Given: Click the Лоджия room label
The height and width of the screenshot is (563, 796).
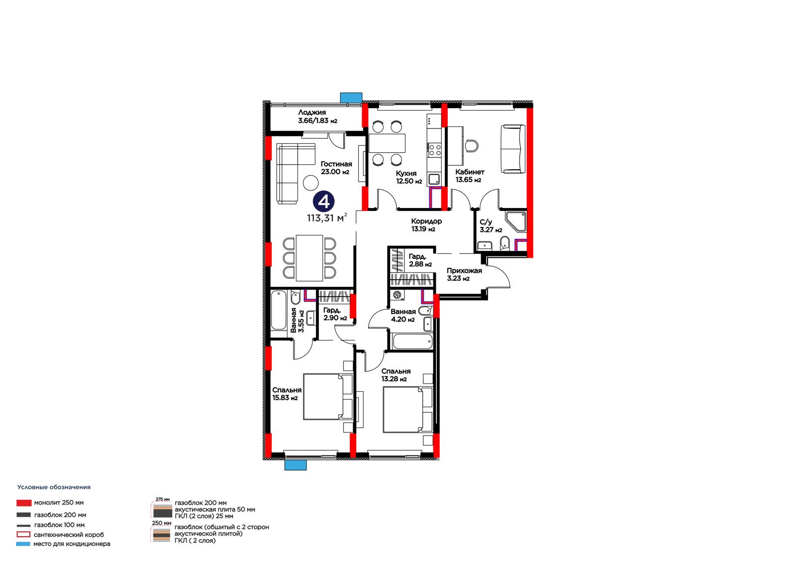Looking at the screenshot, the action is [x=312, y=113].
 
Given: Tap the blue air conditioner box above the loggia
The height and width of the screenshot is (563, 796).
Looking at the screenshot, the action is [x=351, y=98].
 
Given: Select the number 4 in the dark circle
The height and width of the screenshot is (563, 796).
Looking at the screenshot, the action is [x=324, y=202].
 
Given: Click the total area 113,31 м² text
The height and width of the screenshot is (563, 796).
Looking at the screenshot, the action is [x=327, y=218].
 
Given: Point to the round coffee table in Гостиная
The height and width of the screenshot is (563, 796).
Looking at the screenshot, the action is [x=310, y=183].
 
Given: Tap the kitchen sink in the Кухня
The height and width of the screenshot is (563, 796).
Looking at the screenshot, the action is [x=434, y=179].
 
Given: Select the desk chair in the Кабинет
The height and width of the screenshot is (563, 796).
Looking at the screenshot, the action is [x=471, y=145].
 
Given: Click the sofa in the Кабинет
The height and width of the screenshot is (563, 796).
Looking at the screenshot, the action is [x=513, y=149].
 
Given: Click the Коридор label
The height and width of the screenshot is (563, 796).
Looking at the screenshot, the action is [x=426, y=221].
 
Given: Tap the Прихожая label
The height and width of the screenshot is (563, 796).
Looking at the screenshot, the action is [x=465, y=271].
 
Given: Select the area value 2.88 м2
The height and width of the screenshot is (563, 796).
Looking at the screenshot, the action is [x=420, y=264].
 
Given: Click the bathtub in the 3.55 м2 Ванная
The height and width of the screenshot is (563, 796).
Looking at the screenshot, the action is [x=279, y=311].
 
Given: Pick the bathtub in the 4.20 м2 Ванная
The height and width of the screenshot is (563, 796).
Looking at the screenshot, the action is [x=412, y=341].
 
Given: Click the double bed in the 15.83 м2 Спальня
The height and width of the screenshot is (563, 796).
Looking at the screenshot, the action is [x=328, y=397].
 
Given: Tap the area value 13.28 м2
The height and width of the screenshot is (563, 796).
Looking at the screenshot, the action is [x=394, y=379].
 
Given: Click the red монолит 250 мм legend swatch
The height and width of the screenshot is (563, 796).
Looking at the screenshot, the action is [x=24, y=503].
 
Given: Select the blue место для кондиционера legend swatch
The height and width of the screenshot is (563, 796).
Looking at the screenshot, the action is [x=23, y=544].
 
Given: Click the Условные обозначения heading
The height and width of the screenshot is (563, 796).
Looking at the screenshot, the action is [x=54, y=487].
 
